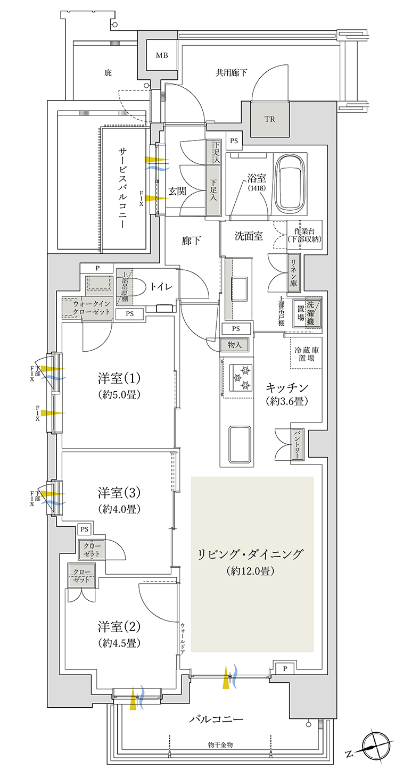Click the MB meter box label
click(162, 55)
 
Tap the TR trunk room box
click(269, 119)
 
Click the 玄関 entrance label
click(177, 191)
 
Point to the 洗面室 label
click(249, 236)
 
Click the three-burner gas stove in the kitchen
click(240, 377)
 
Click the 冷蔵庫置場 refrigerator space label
click(306, 354)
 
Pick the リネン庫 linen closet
click(294, 272)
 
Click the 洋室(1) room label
click(119, 378)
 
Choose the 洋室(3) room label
click(119, 493)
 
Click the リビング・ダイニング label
click(250, 554)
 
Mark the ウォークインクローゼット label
click(92, 308)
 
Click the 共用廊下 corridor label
click(231, 72)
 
